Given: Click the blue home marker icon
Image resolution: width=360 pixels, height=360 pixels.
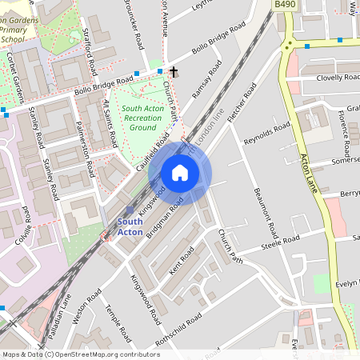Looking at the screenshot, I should click(180, 173).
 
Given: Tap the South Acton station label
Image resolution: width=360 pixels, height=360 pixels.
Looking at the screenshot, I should click(130, 226).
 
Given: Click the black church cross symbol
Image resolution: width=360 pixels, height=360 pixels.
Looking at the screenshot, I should click(173, 72).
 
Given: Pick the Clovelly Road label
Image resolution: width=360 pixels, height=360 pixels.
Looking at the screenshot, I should click(338, 78).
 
